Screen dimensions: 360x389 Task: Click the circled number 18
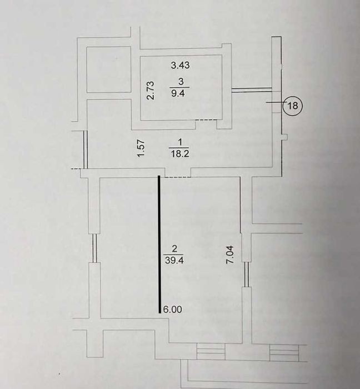click(x=293, y=106)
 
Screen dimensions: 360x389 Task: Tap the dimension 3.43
click(x=180, y=65)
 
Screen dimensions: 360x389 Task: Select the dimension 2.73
click(x=151, y=90)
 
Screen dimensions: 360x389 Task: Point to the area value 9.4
click(x=178, y=93)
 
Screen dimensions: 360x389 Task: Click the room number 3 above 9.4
click(x=181, y=82)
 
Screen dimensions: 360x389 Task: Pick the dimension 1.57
click(x=141, y=148)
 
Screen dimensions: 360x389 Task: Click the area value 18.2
click(x=180, y=154)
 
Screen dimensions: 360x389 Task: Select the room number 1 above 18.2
click(x=180, y=142)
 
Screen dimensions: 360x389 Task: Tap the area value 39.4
click(x=174, y=261)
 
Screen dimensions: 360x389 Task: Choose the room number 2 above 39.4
click(x=174, y=248)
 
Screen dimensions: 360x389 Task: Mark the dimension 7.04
click(x=230, y=255)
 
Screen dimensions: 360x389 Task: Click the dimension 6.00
click(x=173, y=310)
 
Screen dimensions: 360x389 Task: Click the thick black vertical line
click(x=159, y=244)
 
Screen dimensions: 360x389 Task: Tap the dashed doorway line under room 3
click(x=206, y=120)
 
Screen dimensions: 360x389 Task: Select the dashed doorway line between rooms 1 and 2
click(x=178, y=177)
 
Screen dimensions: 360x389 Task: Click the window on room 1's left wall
click(x=86, y=149)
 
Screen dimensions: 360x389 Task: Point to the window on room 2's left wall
click(x=94, y=248)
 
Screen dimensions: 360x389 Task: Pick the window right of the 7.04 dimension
click(x=246, y=274)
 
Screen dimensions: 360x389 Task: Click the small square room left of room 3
click(x=109, y=69)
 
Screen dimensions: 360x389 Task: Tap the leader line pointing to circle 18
click(x=276, y=102)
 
